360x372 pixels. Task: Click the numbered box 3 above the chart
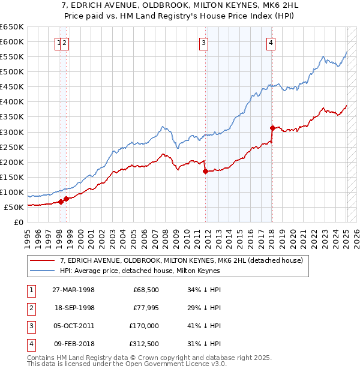point(204,43)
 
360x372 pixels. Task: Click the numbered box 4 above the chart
point(271,43)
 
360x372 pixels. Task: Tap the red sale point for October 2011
point(206,171)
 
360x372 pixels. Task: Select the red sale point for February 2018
point(272,128)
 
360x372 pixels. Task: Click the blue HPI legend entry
point(140,271)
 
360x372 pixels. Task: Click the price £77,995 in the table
point(146,309)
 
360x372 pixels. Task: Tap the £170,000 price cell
point(146,327)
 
